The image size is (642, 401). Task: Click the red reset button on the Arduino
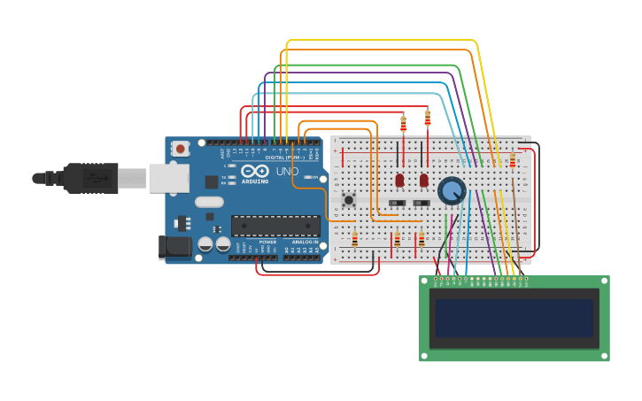point(181,149)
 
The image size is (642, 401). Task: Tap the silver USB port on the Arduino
point(168,178)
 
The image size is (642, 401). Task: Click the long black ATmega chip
point(275,226)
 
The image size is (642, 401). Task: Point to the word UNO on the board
point(288,172)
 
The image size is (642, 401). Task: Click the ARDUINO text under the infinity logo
point(255,181)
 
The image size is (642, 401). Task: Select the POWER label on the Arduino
point(267,242)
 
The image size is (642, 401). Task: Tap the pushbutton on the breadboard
point(349,200)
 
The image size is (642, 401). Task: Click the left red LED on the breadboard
point(399,180)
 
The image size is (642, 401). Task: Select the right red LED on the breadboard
point(424,180)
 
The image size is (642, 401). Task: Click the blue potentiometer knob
point(452,190)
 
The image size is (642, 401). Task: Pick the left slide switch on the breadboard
point(397,204)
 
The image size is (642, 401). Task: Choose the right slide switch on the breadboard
point(422,204)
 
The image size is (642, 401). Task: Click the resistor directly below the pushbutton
point(354,239)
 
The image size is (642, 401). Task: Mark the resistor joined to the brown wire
point(512,161)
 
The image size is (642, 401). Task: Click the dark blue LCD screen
point(514,317)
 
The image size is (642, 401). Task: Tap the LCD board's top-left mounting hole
point(423,280)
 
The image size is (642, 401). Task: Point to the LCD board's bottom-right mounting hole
point(605,357)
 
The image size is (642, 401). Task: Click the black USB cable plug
point(89,178)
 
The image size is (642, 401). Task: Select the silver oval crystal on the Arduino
point(209,202)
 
